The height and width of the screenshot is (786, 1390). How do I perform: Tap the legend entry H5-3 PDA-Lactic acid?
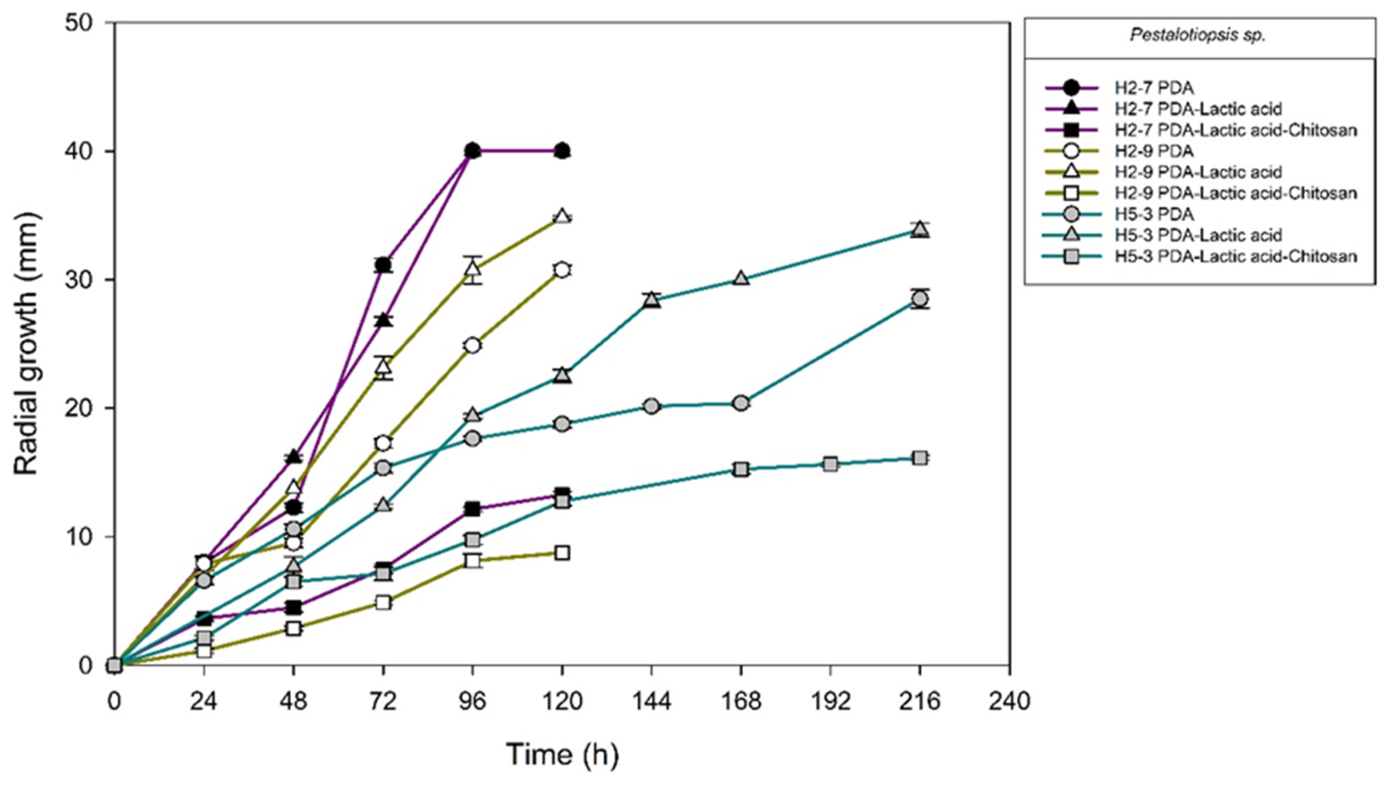click(1198, 235)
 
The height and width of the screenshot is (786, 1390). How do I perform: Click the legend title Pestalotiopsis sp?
click(1197, 36)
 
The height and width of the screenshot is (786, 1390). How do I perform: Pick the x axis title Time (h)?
click(562, 755)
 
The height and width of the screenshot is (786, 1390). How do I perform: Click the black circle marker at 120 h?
click(562, 151)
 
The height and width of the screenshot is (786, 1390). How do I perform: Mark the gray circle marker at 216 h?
click(920, 299)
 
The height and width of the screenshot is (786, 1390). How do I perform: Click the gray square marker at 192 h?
click(831, 464)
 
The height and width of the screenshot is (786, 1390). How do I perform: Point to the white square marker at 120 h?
click(562, 553)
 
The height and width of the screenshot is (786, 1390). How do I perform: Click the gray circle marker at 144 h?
click(651, 406)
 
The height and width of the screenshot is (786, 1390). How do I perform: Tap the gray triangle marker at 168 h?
click(741, 278)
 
